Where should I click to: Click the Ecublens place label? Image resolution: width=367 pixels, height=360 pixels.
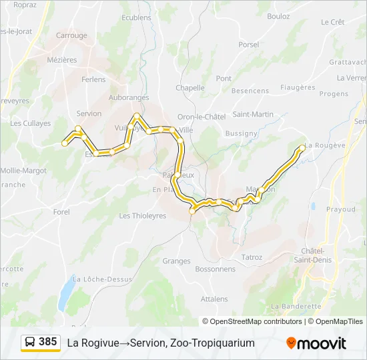pyautogui.click(x=137, y=17)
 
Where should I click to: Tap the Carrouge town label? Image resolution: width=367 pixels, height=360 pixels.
pyautogui.click(x=71, y=35)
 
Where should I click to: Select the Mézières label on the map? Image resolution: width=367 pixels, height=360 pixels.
pyautogui.click(x=62, y=59)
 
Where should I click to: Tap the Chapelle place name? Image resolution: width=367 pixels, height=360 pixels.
pyautogui.click(x=190, y=87)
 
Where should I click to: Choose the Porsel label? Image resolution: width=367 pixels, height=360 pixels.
pyautogui.click(x=248, y=45)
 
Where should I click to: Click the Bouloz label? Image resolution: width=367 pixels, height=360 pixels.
pyautogui.click(x=278, y=15)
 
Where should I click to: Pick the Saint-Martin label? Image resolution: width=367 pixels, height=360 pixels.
pyautogui.click(x=253, y=114)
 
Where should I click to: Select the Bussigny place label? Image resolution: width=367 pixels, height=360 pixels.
pyautogui.click(x=241, y=133)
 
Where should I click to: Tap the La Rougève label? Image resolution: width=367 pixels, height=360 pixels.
pyautogui.click(x=325, y=146)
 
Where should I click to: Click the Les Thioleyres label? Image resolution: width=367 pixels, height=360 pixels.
pyautogui.click(x=143, y=216)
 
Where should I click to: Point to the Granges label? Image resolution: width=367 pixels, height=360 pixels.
pyautogui.click(x=176, y=261)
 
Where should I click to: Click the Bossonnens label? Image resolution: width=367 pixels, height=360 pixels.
pyautogui.click(x=215, y=269)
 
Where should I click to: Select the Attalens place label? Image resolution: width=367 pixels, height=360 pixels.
pyautogui.click(x=214, y=299)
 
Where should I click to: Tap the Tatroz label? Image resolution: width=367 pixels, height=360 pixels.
pyautogui.click(x=252, y=257)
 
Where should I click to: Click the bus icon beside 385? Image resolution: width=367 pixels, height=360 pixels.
pyautogui.click(x=31, y=343)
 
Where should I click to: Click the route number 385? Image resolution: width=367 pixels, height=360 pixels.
pyautogui.click(x=48, y=342)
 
